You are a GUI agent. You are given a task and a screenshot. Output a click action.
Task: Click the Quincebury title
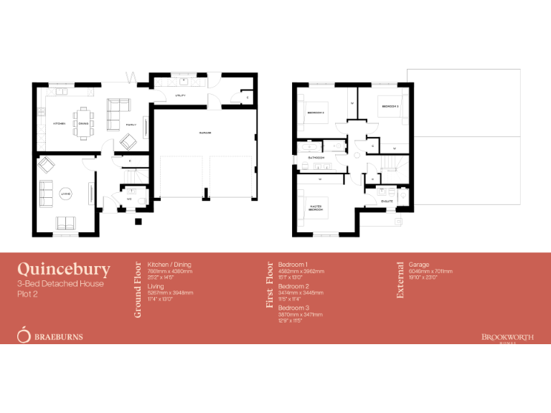click(64, 270)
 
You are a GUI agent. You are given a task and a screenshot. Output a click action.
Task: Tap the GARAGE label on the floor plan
click(205, 133)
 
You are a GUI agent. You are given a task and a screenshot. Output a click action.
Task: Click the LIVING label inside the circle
click(65, 194)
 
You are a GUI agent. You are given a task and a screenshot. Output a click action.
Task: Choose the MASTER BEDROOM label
click(316, 209)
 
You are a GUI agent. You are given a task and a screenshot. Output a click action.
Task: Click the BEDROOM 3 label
click(390, 106)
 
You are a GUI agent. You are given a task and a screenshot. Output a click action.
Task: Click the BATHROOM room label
click(316, 157)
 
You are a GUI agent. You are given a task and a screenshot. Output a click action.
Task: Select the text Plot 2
click(27, 293)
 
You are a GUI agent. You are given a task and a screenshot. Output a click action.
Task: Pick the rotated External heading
click(400, 280)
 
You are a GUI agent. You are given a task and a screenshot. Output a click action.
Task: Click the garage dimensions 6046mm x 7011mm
click(430, 272)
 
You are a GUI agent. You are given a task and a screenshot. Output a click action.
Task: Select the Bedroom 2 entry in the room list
click(293, 286)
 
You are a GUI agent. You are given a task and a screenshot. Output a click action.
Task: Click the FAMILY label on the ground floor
click(131, 124)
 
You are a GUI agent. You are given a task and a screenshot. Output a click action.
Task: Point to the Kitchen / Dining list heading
click(169, 264)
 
